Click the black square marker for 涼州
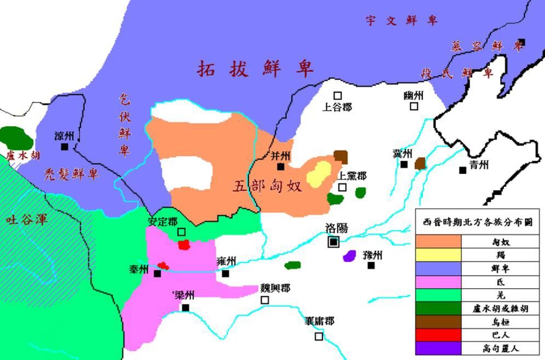(65, 147)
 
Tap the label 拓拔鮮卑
(255, 69)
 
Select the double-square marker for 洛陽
(333, 242)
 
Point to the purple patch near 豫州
(349, 255)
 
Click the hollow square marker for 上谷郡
(338, 95)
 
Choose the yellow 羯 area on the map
(318, 174)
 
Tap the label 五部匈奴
(268, 186)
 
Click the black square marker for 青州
(463, 170)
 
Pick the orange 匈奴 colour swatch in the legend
(438, 242)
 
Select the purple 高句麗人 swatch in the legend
(438, 348)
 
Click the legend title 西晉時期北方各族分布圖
(478, 223)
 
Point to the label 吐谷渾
(27, 220)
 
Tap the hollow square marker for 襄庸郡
(319, 336)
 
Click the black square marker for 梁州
(186, 307)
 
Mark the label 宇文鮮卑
(402, 21)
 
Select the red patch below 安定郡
(184, 244)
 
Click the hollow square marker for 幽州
(414, 106)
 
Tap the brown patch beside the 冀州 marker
(420, 163)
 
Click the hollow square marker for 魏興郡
(265, 300)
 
